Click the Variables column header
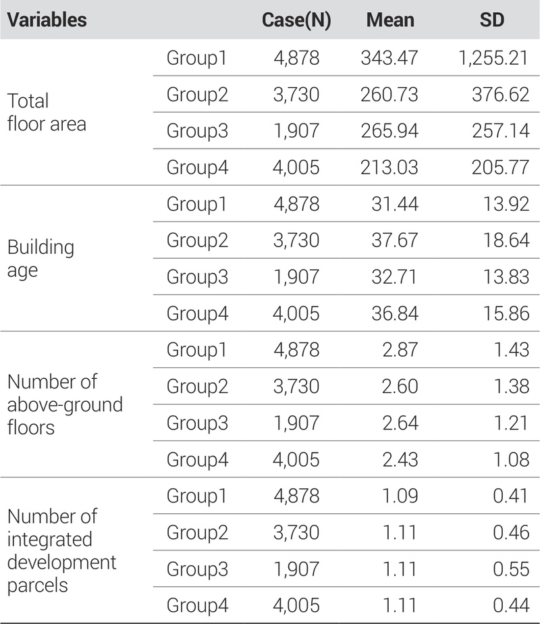point(47,20)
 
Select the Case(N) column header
point(296,20)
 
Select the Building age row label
point(40,259)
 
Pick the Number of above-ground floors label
point(65,405)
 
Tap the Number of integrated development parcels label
point(62,550)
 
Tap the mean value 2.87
point(401,349)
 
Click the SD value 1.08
point(511,459)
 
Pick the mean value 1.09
point(401,495)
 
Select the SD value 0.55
point(511,568)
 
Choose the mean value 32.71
point(396,276)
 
